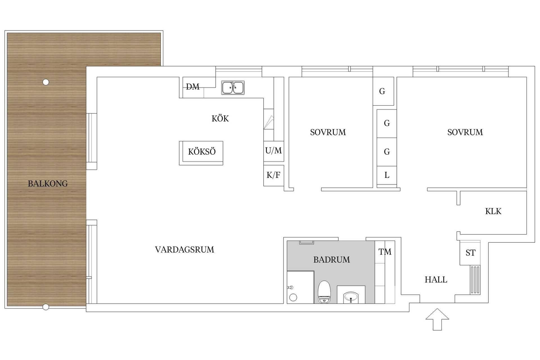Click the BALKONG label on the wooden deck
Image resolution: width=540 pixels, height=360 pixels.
point(48,184)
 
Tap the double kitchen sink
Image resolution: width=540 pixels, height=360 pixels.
point(233,87)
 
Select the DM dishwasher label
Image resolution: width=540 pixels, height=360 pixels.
point(193,87)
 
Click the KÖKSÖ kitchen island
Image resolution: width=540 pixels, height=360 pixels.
point(201,153)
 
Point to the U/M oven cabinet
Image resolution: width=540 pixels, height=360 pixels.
point(274,151)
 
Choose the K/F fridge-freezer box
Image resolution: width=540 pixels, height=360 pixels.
point(274,175)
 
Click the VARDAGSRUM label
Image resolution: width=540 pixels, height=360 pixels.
point(184,249)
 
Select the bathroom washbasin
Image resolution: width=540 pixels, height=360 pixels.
point(351,297)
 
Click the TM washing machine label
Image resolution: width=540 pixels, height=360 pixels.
point(385,252)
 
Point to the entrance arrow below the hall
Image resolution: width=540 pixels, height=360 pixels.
point(437,319)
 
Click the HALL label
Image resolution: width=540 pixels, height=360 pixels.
point(436,280)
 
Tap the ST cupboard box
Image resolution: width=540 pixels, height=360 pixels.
point(470,253)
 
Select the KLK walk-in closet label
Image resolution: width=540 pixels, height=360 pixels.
point(493,211)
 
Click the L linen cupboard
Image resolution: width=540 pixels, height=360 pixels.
point(387,175)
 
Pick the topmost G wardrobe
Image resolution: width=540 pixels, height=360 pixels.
point(383,91)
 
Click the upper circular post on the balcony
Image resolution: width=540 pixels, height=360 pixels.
point(46,82)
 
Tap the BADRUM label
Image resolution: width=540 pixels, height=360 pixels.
point(332,260)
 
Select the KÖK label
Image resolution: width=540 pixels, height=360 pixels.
point(220,119)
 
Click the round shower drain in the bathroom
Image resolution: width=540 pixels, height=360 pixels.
point(293,298)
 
